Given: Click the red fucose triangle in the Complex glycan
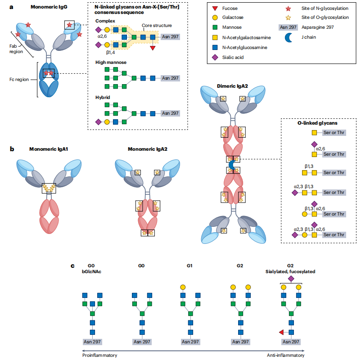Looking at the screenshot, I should click(x=153, y=48).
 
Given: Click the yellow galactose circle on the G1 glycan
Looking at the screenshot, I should click(x=183, y=287).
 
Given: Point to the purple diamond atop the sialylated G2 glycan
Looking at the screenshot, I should click(x=290, y=279).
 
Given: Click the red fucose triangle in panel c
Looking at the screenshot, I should click(x=280, y=333).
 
